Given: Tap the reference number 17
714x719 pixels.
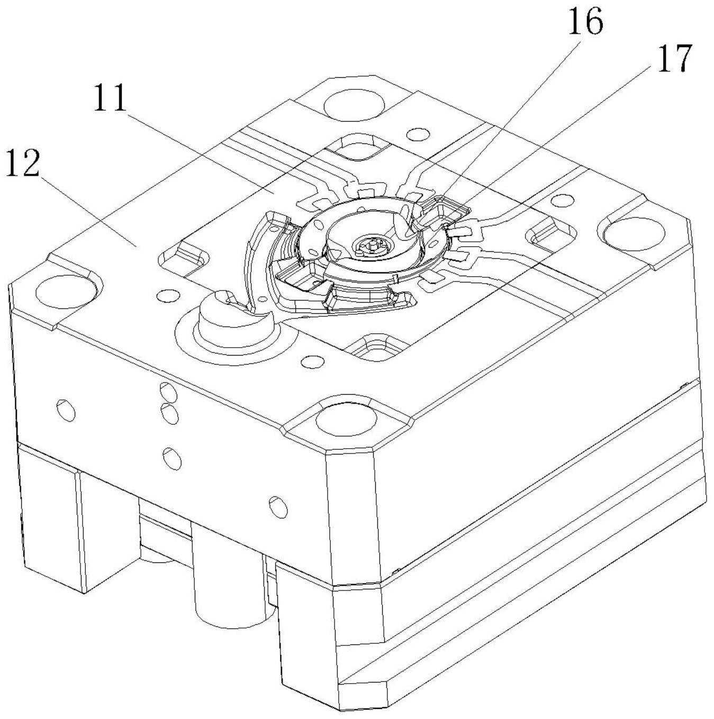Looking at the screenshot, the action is pos(674,58).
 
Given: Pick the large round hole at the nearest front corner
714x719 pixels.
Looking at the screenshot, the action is pos(346,421).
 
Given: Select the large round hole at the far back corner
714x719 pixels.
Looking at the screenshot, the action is pos(355,105).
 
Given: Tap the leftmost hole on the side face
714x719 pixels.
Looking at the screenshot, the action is pos(66,410).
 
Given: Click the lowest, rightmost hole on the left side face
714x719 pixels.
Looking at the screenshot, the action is pos(278,507).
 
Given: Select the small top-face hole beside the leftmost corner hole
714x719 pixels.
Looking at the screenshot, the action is pos(167,296).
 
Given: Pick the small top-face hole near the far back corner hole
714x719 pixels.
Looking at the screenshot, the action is pos(418,134).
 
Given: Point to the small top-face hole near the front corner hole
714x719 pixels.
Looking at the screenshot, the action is pos(313,361).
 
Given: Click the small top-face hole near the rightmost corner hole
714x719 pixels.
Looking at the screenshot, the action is pos(563,201).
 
